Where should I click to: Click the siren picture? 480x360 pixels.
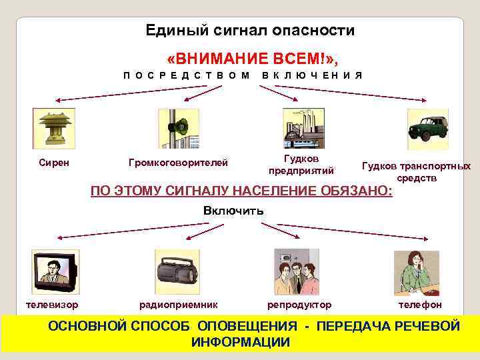coord(54,128)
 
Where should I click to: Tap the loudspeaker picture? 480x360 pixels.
coord(178,128)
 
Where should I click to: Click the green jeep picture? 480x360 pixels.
coord(427,128)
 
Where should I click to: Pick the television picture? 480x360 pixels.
coord(55,272)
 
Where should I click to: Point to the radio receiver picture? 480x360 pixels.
coord(177,272)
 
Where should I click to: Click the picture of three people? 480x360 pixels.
coord(297,272)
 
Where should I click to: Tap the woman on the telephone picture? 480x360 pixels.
coord(417,273)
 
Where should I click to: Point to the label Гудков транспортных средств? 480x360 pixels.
coord(416,172)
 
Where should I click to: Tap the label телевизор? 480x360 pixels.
coord(51,305)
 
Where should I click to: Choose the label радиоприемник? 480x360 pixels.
coord(178,305)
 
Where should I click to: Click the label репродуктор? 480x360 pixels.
coord(299,305)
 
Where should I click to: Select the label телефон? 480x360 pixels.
coord(420,305)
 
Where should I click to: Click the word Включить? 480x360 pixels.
coord(233,211)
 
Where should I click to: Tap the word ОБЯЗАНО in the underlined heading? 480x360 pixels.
coord(356,191)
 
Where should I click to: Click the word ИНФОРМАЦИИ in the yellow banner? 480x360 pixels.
coord(241,343)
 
